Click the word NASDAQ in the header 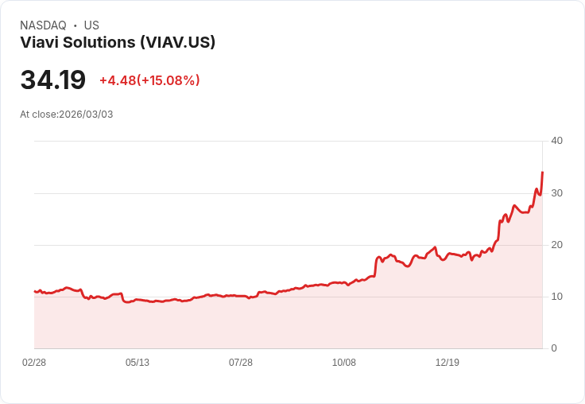[x=43, y=25]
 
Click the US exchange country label [x=91, y=25]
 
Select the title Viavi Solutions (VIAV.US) [x=118, y=43]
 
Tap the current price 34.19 [x=52, y=80]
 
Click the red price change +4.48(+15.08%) [x=149, y=80]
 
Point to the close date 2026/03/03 [x=86, y=115]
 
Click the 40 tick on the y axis [x=556, y=141]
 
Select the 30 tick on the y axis [x=556, y=193]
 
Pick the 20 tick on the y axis [x=556, y=245]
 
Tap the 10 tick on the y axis [x=556, y=297]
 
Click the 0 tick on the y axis [x=554, y=348]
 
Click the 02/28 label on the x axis [x=34, y=363]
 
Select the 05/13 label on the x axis [x=138, y=363]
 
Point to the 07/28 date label [x=241, y=363]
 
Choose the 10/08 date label [x=344, y=363]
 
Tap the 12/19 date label [x=447, y=363]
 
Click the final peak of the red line [x=542, y=172]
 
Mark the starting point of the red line [x=34, y=291]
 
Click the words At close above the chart [x=38, y=115]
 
